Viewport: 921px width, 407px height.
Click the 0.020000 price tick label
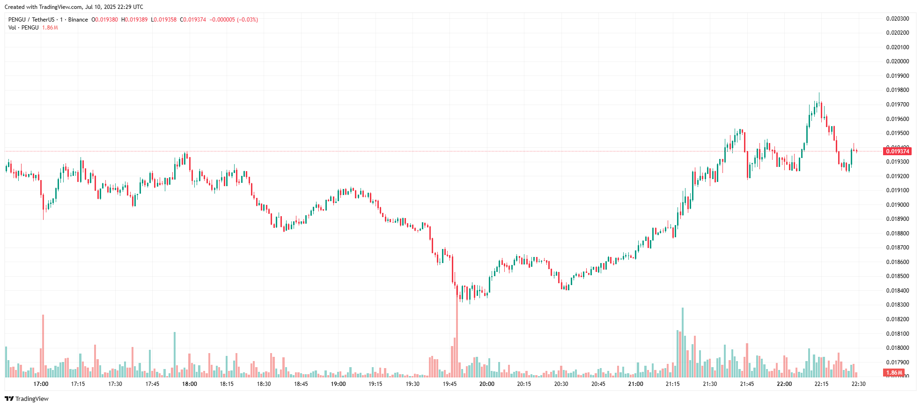point(897,61)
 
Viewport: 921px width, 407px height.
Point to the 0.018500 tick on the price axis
point(897,276)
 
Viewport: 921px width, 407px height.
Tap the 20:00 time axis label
point(486,384)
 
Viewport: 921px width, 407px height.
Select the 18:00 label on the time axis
point(189,384)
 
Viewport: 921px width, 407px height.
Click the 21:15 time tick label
point(672,384)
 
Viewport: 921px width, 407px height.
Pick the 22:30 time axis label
point(858,384)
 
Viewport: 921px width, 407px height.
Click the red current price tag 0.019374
point(897,151)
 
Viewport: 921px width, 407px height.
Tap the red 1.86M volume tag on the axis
point(894,373)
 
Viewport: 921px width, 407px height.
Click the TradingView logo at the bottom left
point(27,399)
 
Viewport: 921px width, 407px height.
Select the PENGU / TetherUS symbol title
point(31,20)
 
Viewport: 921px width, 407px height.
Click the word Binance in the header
point(78,20)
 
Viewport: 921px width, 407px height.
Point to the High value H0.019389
point(134,20)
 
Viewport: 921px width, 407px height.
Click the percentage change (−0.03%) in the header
point(247,20)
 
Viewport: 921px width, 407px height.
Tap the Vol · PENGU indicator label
point(23,28)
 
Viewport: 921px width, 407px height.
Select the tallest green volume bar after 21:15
point(682,342)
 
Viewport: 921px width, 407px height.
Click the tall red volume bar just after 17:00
point(43,346)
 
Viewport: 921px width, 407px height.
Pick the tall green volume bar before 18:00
point(175,354)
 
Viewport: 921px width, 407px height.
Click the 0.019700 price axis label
point(897,105)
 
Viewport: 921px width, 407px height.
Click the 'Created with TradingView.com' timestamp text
point(74,7)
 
